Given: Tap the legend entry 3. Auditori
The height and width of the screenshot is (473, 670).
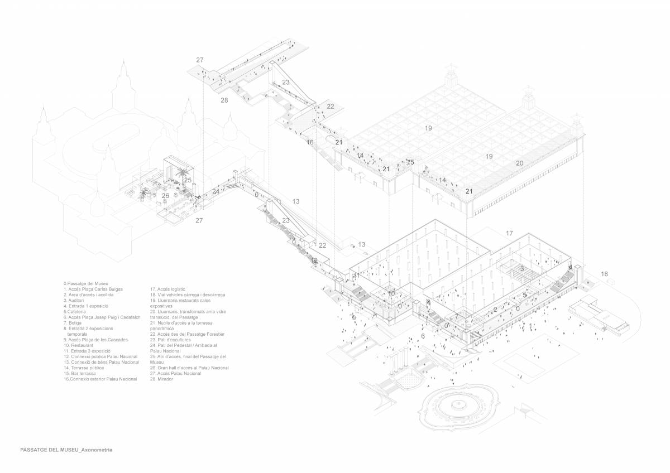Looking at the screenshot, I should tap(77, 300).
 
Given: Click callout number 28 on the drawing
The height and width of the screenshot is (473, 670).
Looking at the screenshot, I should tap(224, 100).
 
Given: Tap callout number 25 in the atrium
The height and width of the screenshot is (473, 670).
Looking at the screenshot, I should tap(188, 180).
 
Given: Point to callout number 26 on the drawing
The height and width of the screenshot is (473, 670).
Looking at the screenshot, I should tap(165, 196).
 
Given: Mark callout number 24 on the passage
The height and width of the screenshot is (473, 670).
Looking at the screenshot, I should tap(216, 192).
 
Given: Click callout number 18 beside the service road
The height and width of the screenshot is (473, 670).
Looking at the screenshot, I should tap(605, 274).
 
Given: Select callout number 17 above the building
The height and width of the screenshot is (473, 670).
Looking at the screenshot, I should tap(509, 233).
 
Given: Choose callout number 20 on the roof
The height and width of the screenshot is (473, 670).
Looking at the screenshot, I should tap(519, 163).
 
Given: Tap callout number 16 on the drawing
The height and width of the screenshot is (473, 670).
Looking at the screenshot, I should tap(310, 142).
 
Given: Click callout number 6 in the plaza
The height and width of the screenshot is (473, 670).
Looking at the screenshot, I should tap(423, 336).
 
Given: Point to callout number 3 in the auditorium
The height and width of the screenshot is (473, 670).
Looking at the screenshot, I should tap(522, 269).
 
